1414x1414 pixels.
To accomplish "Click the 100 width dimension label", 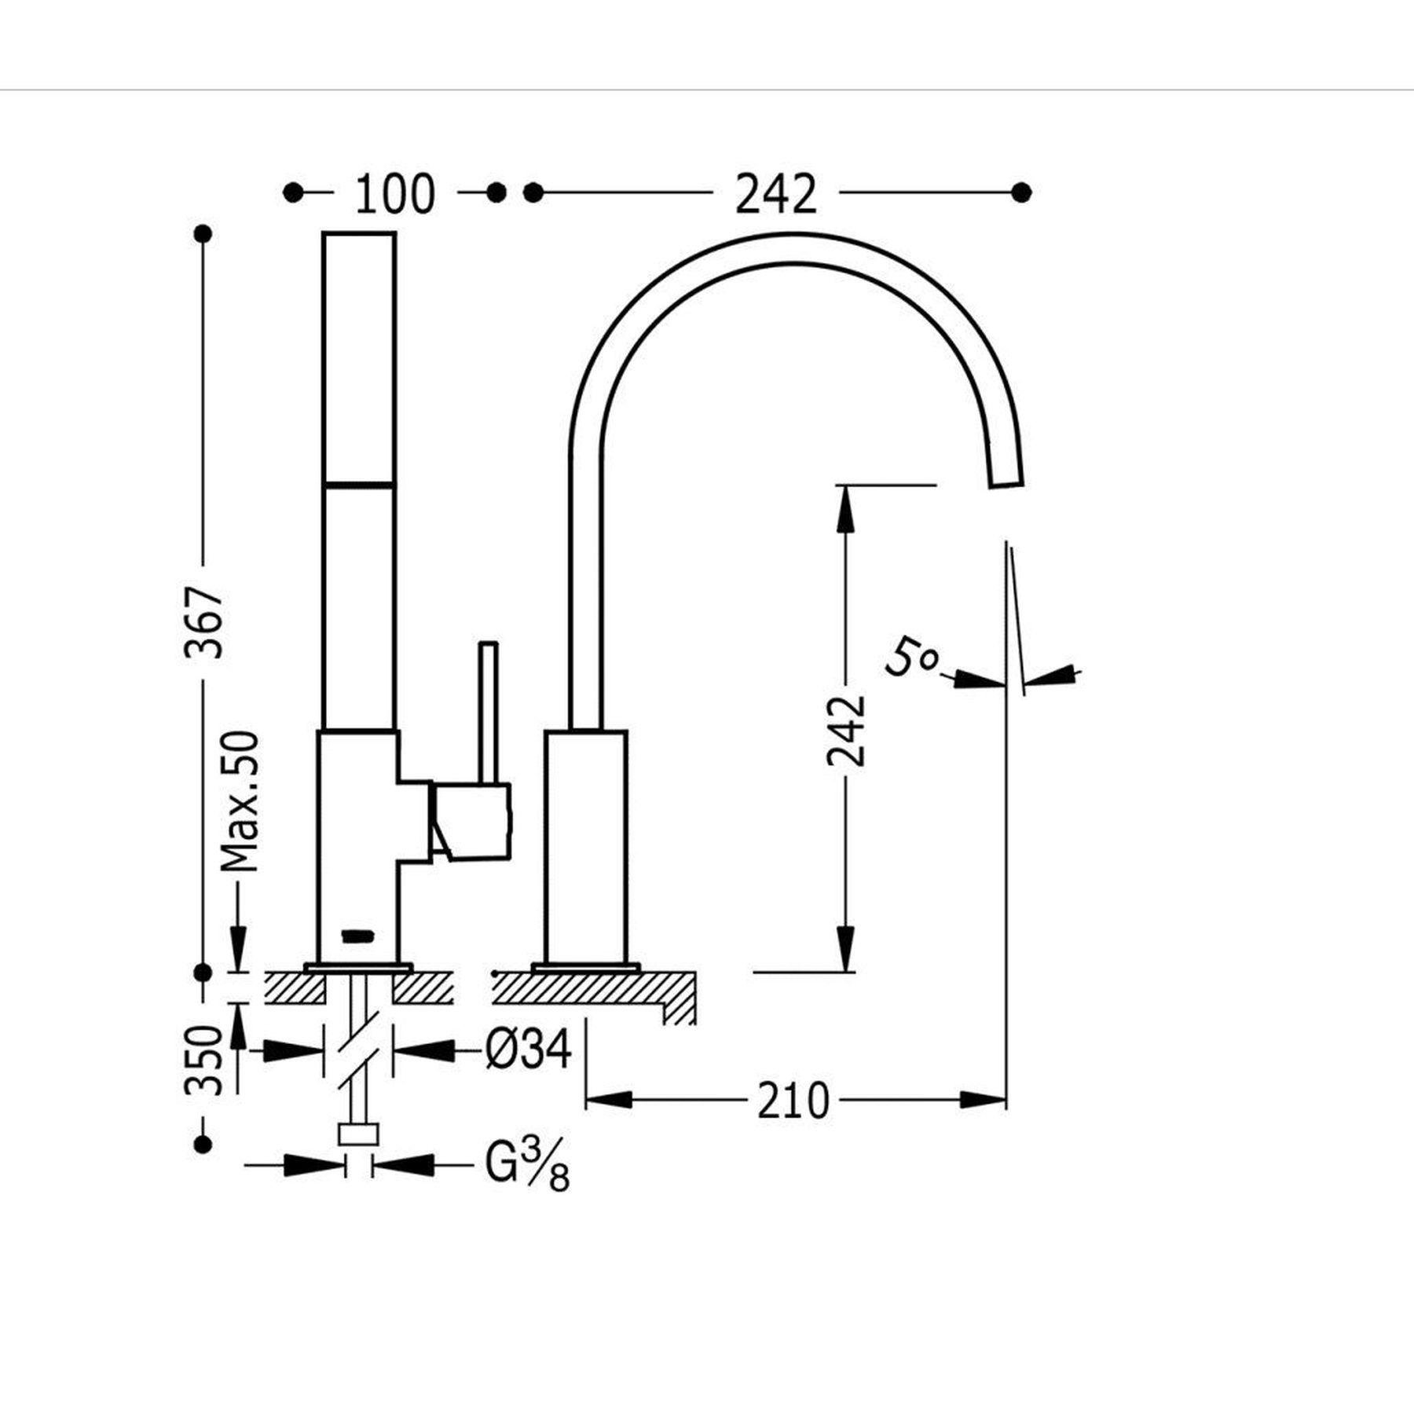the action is [x=394, y=194].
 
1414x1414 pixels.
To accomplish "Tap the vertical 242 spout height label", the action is [x=846, y=731].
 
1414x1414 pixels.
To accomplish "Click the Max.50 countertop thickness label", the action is [x=240, y=801].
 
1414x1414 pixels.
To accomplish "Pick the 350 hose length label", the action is [x=204, y=1060].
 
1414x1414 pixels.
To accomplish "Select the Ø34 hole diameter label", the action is [x=528, y=1050].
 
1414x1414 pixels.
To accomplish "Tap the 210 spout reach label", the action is [x=793, y=1101].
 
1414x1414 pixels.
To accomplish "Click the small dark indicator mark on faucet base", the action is [x=357, y=935].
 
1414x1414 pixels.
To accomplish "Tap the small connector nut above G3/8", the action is [x=358, y=1134].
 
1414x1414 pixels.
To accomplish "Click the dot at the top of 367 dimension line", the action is [x=203, y=234].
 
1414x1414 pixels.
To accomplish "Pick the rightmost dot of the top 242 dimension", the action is [x=1021, y=192].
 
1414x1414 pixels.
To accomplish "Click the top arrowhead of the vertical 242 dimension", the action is [x=845, y=507].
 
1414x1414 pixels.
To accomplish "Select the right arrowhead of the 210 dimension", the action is [x=983, y=1100].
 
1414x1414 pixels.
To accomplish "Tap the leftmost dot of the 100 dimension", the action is [x=293, y=192].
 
